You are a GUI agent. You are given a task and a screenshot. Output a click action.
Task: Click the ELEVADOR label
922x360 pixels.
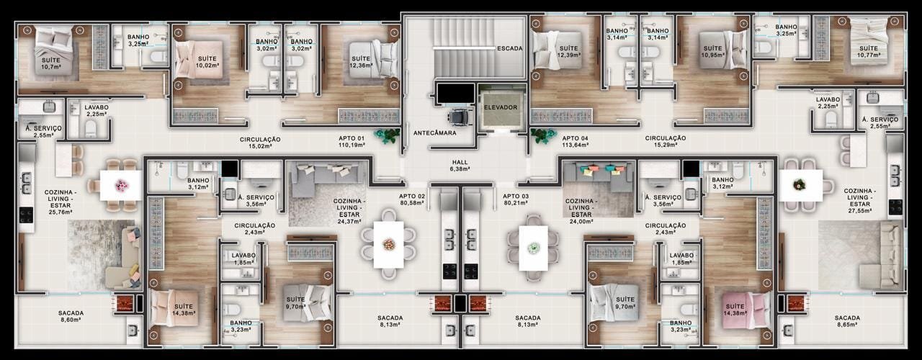point(501,107)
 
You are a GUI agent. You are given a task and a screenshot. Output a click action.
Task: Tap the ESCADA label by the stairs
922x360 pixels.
point(509,48)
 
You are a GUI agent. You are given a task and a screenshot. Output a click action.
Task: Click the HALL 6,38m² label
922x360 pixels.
point(460,166)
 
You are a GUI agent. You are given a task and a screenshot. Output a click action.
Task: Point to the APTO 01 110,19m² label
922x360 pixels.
point(352,142)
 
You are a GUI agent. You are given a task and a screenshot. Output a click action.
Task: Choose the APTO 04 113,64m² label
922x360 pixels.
point(575,142)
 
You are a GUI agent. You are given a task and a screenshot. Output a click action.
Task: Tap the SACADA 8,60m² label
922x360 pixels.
point(71,316)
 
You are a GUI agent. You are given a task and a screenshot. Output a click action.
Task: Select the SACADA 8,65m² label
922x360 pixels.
point(847,321)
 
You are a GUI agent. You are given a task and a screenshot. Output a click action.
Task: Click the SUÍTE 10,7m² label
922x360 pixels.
point(51,63)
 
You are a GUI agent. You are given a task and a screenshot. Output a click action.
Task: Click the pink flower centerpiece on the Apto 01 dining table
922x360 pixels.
point(120,185)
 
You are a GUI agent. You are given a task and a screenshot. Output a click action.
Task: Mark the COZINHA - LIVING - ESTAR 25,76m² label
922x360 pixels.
point(60,202)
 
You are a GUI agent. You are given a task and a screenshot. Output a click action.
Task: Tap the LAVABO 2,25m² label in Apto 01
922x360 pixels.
point(97,111)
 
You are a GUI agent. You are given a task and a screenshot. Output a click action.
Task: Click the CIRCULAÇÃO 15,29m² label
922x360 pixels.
point(665,142)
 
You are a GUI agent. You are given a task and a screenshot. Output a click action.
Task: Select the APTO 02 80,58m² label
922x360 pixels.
point(411,199)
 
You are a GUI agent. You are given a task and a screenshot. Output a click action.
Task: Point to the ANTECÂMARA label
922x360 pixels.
point(434,133)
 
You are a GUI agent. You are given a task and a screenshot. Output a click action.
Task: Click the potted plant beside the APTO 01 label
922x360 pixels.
point(387,135)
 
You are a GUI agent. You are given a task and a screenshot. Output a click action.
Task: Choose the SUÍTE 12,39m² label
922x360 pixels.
point(568,51)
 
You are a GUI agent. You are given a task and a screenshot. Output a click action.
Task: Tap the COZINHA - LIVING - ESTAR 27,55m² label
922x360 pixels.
point(859,201)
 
